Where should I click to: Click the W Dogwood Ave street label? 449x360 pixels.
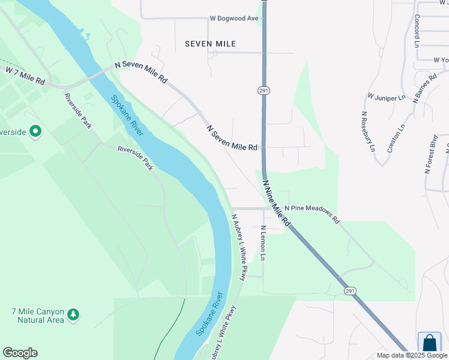pyautogui.click(x=234, y=18)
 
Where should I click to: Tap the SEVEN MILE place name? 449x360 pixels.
pyautogui.click(x=210, y=44)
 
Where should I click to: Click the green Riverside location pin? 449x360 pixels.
pyautogui.click(x=35, y=131)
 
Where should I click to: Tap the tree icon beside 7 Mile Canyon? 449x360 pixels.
pyautogui.click(x=73, y=314)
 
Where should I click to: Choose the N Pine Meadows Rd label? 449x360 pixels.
pyautogui.click(x=312, y=214)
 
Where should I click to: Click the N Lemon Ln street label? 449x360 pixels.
pyautogui.click(x=263, y=243)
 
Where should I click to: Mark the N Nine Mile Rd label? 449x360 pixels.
pyautogui.click(x=277, y=206)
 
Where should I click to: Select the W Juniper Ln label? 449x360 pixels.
pyautogui.click(x=387, y=97)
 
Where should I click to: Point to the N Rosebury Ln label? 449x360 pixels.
pyautogui.click(x=368, y=131)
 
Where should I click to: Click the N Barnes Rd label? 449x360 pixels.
pyautogui.click(x=425, y=89)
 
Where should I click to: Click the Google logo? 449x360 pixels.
pyautogui.click(x=20, y=353)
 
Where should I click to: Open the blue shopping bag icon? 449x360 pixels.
pyautogui.click(x=429, y=343)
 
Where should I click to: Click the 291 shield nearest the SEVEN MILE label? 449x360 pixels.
pyautogui.click(x=264, y=90)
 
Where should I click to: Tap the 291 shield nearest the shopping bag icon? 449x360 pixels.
pyautogui.click(x=350, y=290)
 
